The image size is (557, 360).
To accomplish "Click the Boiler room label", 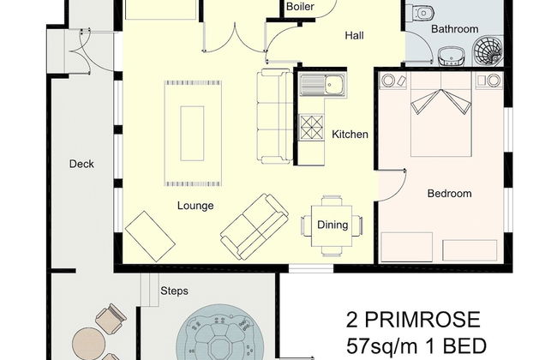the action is click(300, 6).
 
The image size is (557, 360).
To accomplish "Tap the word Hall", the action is click(354, 35).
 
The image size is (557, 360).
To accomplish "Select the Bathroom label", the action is click(455, 29).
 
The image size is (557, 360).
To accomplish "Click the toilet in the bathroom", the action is click(421, 13).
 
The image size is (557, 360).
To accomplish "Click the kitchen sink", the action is click(322, 85).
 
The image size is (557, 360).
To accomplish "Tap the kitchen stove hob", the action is click(312, 127).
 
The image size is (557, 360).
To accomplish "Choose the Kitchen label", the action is click(350, 135).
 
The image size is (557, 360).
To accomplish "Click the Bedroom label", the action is click(449, 194).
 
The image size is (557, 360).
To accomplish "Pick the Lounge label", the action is click(195, 206).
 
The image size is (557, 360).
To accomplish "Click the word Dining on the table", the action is click(332, 225).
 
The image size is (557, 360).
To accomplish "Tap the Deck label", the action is click(81, 164).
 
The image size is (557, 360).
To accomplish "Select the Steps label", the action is click(174, 291).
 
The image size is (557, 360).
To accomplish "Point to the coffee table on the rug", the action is click(192, 133).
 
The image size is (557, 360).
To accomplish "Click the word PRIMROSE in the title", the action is click(422, 320).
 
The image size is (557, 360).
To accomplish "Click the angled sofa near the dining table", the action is click(255, 226).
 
